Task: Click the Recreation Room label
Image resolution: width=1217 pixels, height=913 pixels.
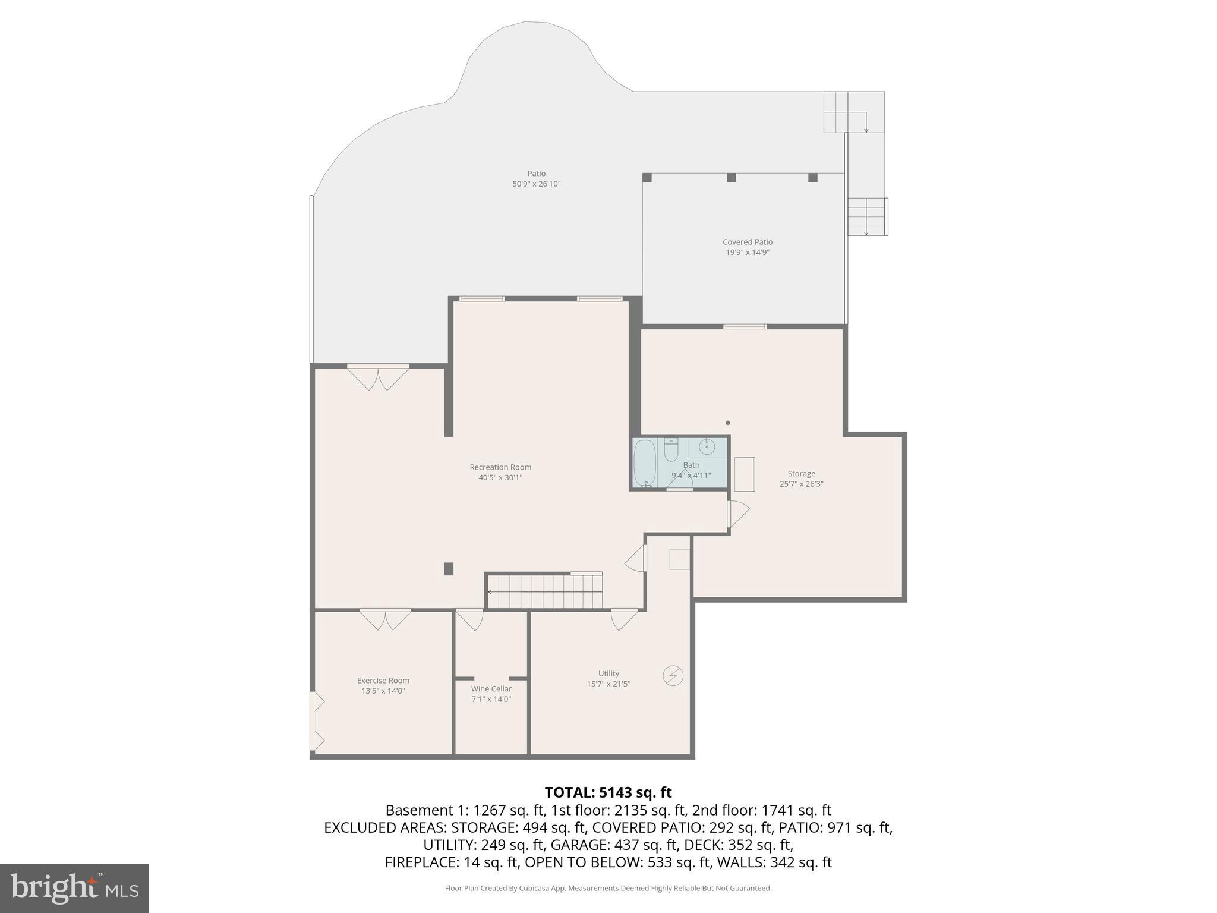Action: tap(500, 467)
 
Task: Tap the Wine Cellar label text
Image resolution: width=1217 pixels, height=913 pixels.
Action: tap(491, 689)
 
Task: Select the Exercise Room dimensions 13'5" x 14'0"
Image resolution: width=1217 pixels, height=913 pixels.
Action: tap(383, 691)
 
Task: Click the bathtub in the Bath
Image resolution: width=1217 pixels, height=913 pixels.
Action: tap(644, 462)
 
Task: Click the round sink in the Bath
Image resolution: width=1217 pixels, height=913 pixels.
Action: tap(707, 446)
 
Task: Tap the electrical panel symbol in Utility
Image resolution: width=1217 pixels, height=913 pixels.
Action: tap(673, 676)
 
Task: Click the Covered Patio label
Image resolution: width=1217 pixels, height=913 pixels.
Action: tap(748, 242)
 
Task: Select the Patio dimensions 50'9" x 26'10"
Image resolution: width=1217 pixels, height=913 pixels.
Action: tap(537, 184)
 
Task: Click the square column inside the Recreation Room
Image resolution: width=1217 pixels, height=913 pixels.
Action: tap(449, 569)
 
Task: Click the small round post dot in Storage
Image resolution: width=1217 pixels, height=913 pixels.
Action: tap(728, 423)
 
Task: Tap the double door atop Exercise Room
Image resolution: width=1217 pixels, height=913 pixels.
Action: tap(385, 619)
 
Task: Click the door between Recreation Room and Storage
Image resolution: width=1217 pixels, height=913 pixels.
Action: tap(737, 514)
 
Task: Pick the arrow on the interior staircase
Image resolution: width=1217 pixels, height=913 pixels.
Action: tap(490, 592)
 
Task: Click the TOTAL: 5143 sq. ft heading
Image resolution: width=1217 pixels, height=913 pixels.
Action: tap(608, 792)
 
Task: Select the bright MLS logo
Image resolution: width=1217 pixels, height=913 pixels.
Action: tap(74, 888)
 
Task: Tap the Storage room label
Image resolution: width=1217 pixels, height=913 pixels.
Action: tap(801, 474)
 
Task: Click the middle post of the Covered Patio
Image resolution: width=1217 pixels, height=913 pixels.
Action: tap(732, 177)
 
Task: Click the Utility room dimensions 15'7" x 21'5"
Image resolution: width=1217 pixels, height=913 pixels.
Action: tap(608, 684)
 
